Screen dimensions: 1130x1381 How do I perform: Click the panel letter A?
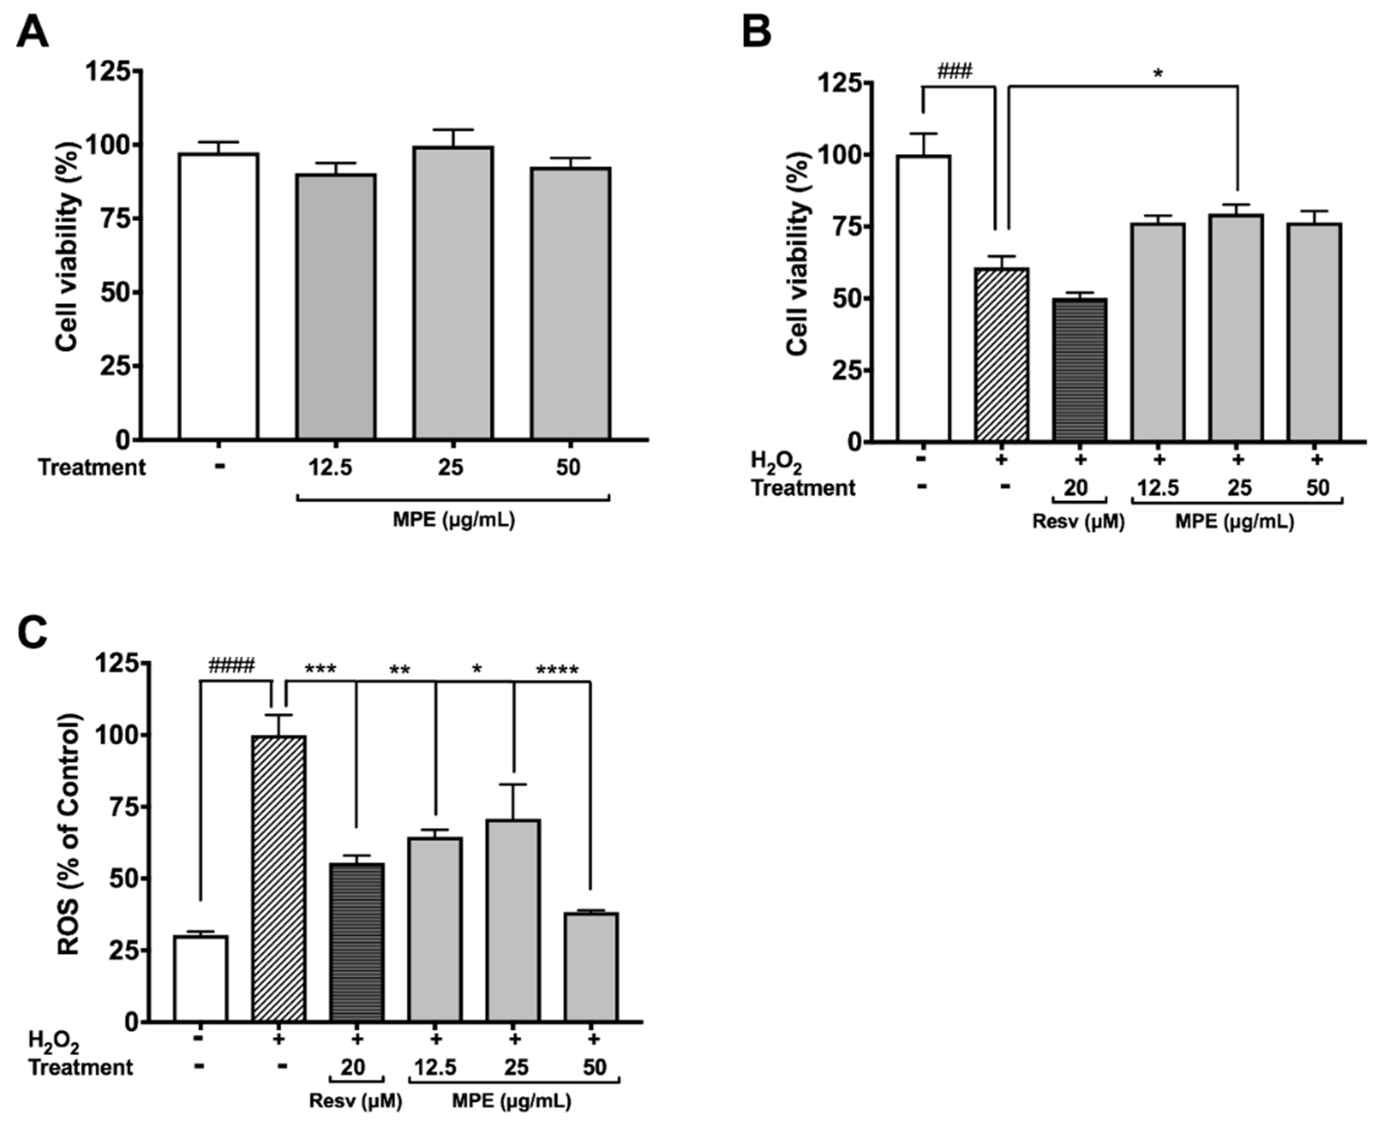tap(32, 32)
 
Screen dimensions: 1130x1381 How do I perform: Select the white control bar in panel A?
tap(219, 296)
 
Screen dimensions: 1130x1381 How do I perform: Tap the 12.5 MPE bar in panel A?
tap(336, 306)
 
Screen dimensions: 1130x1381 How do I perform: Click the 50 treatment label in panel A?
tap(568, 467)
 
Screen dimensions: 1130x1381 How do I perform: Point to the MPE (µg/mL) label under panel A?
tap(453, 520)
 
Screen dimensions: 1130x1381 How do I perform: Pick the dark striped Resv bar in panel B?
tap(1079, 370)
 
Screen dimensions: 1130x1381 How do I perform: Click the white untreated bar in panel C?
tap(201, 978)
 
